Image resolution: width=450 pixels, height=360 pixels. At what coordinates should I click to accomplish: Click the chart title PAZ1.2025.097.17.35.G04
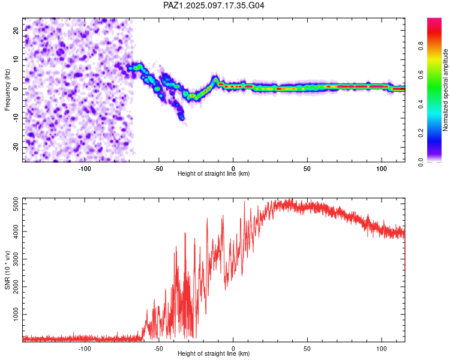[x=214, y=5]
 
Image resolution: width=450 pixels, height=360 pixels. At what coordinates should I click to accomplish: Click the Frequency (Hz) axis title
[x=7, y=90]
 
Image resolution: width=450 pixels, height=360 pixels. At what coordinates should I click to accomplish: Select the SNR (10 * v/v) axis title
[x=7, y=270]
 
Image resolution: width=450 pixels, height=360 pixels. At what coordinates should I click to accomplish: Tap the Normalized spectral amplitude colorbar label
[x=445, y=90]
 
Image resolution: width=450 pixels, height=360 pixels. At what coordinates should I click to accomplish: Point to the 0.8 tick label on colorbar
[x=421, y=46]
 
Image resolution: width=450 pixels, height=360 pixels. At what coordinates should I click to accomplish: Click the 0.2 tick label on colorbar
[x=421, y=133]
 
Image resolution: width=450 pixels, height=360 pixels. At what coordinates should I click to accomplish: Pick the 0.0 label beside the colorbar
[x=421, y=162]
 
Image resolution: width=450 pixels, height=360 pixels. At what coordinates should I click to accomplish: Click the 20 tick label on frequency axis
[x=16, y=31]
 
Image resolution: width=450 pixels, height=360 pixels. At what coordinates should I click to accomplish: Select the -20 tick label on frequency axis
[x=16, y=148]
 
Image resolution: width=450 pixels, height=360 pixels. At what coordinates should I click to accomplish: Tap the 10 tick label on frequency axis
[x=16, y=60]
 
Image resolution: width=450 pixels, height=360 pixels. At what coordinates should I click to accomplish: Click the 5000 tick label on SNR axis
[x=16, y=204]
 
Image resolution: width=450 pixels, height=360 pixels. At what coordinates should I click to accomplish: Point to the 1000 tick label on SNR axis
[x=16, y=314]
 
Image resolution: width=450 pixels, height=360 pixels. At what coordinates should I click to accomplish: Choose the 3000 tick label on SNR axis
[x=16, y=259]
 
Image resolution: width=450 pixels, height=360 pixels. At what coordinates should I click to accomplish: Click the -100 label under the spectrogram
[x=85, y=169]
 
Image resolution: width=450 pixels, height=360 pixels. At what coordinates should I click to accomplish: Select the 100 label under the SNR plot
[x=382, y=349]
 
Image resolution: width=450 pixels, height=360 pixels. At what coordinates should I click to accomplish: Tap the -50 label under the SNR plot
[x=159, y=349]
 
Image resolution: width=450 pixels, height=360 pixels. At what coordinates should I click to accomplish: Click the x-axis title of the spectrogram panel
[x=214, y=173]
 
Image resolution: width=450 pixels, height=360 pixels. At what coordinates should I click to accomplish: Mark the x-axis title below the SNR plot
[x=214, y=353]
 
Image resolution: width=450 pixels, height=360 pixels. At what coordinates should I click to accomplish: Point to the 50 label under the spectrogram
[x=307, y=169]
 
